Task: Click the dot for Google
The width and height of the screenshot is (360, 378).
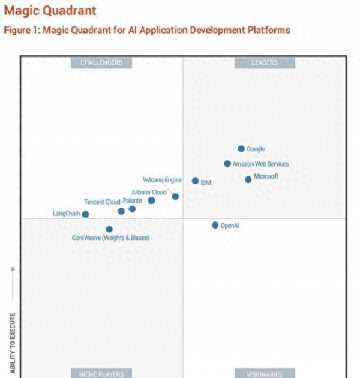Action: coord(241,148)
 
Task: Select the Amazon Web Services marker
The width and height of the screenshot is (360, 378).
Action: coord(227,163)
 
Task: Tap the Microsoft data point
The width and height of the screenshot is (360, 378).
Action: coord(248,179)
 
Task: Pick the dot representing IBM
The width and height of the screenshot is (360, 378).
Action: coord(195,181)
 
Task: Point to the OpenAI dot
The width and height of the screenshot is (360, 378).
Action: coord(215,225)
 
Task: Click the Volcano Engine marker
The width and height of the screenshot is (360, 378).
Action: coord(175,196)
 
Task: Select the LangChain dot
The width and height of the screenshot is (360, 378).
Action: coord(85,214)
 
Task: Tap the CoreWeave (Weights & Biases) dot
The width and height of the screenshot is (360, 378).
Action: coord(109,229)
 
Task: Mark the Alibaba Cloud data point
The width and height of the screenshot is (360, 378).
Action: coord(151,200)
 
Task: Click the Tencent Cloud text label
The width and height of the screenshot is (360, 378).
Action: coord(102,202)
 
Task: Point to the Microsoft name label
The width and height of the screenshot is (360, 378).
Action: coord(266,176)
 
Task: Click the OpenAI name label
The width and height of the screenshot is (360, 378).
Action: coord(230,226)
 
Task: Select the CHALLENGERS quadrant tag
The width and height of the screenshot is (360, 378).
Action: coord(101,62)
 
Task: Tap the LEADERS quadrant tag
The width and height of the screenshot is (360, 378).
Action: coord(264,62)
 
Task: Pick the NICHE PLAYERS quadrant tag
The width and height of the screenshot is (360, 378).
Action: coord(101,374)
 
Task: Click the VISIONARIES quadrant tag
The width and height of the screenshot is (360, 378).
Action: coord(264,374)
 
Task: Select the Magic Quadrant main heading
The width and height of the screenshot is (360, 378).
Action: coord(50,11)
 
